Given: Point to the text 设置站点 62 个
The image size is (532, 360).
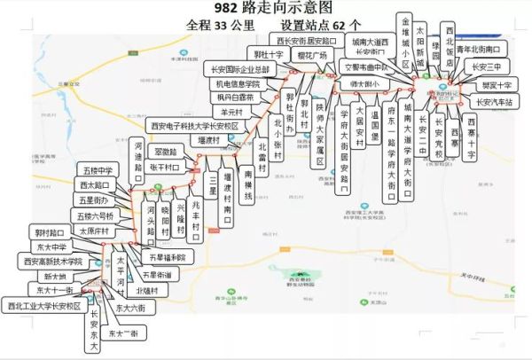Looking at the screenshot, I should [x=321, y=27].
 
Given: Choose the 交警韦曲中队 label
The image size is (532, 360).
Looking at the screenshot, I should [x=364, y=67].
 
